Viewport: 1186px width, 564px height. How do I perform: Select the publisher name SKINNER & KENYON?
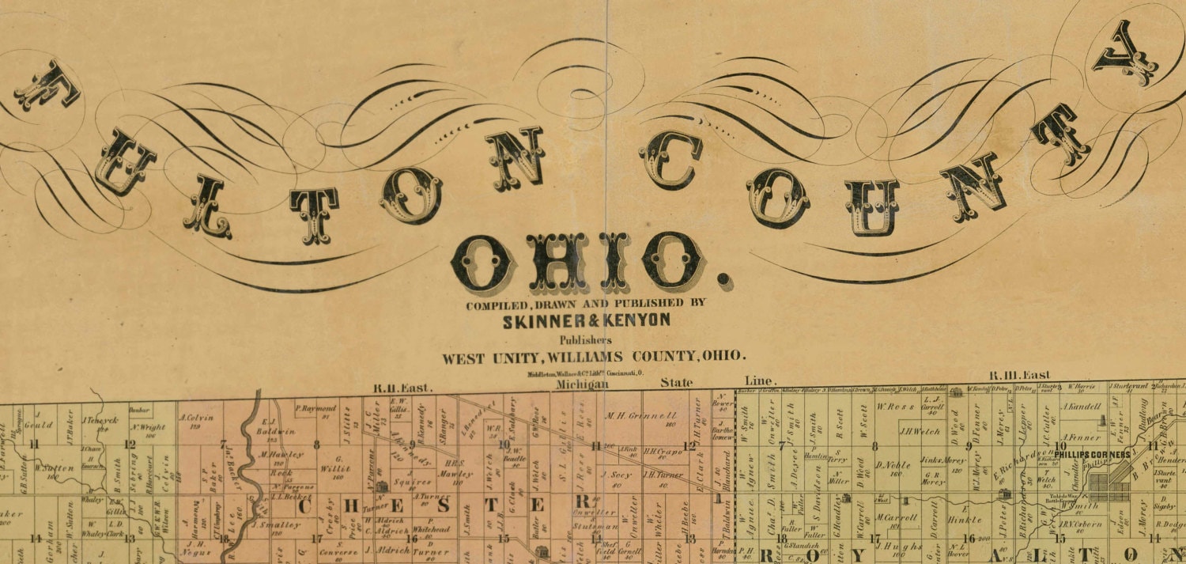pyautogui.click(x=586, y=320)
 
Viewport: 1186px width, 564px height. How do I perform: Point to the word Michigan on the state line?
pyautogui.click(x=583, y=384)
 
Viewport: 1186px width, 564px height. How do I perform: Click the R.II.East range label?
pyautogui.click(x=403, y=388)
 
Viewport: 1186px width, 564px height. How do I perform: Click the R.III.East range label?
pyautogui.click(x=1020, y=375)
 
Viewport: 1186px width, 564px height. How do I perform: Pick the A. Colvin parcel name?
pyautogui.click(x=198, y=418)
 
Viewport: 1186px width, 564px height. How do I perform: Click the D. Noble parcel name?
pyautogui.click(x=893, y=464)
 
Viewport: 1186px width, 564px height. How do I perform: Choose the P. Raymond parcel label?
pyautogui.click(x=316, y=409)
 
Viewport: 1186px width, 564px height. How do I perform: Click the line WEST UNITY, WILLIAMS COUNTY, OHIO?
pyautogui.click(x=593, y=357)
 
